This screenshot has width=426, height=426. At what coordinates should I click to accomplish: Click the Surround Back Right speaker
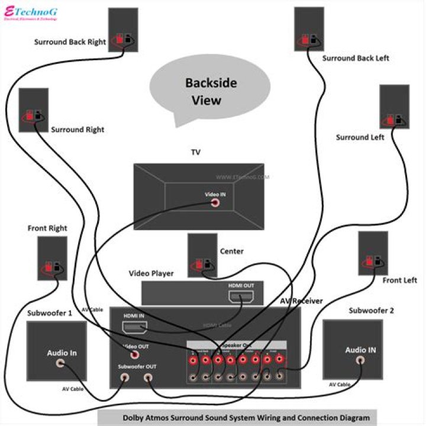[x=122, y=30]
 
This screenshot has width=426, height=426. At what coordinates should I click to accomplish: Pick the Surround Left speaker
[x=394, y=107]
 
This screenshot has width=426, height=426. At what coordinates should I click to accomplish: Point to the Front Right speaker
[x=52, y=258]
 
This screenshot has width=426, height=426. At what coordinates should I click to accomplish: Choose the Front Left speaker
[x=373, y=253]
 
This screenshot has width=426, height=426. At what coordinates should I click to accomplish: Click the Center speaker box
[x=202, y=255]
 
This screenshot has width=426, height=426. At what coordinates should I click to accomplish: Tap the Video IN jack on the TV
[x=215, y=202]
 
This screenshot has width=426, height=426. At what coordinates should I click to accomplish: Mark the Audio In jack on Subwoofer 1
[x=60, y=364]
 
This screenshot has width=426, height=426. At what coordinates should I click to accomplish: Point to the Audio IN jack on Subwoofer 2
[x=360, y=360]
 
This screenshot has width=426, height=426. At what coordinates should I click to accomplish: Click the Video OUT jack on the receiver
[x=135, y=354]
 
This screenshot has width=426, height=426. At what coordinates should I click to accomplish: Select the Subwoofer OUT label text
[x=137, y=367]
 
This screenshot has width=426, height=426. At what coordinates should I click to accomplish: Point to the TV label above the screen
[x=195, y=153]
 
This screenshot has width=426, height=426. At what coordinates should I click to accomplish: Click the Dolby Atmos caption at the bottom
[x=246, y=418]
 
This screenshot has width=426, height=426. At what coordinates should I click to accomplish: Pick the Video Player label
[x=151, y=273]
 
